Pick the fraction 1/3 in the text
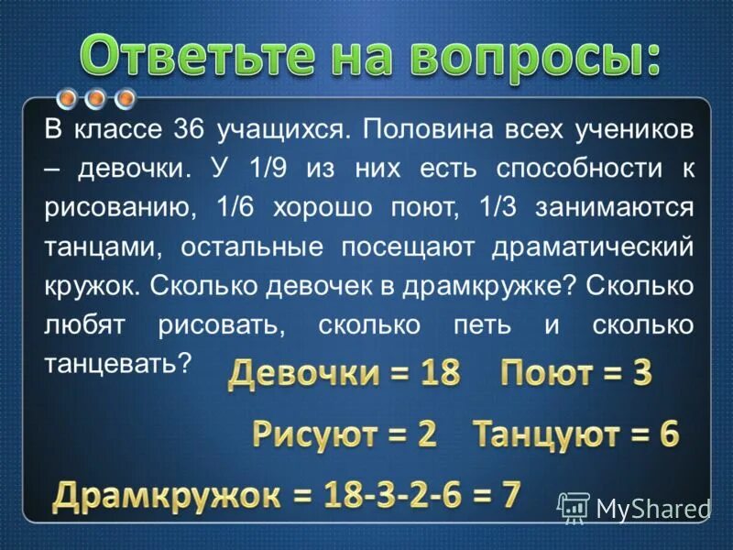(495, 208)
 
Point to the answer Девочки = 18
(345, 373)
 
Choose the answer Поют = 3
(575, 373)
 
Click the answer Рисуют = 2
(345, 433)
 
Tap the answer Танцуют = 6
(575, 433)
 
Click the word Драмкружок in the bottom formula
(166, 496)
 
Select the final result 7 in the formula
(510, 495)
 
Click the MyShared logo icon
(574, 507)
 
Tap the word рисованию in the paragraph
(119, 208)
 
